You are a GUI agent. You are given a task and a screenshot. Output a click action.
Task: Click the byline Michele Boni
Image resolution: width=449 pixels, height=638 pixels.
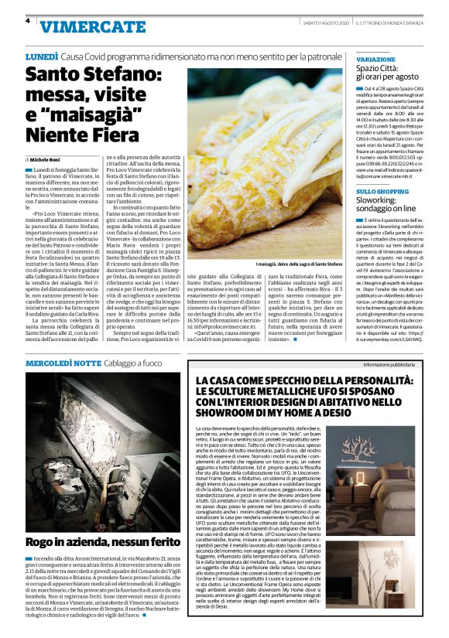(48, 159)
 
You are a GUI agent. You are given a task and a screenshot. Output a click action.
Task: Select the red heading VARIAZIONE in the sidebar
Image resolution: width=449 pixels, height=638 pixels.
(375, 59)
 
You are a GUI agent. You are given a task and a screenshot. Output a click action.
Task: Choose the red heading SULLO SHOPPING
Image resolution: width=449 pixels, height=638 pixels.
(382, 190)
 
